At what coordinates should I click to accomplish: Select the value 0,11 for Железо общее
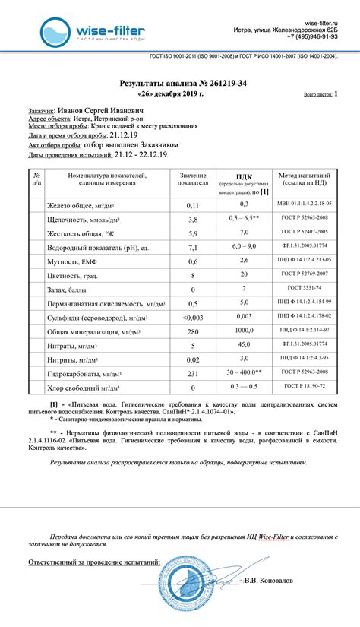click(x=193, y=206)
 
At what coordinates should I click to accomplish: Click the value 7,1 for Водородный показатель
click(x=193, y=248)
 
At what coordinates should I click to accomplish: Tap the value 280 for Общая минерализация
click(x=193, y=331)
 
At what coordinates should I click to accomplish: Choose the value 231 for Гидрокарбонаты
click(x=193, y=373)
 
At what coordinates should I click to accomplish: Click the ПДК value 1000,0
click(x=245, y=331)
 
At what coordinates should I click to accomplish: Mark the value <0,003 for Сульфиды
click(x=193, y=317)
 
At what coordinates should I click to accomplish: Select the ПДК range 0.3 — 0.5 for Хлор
click(x=245, y=387)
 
